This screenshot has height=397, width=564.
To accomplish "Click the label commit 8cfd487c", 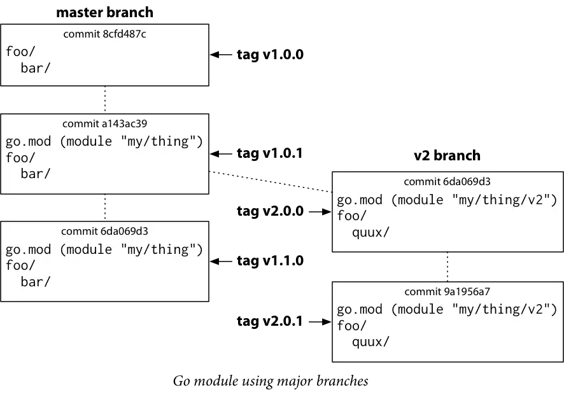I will (104, 34).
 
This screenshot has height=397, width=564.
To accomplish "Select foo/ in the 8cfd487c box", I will (20, 52).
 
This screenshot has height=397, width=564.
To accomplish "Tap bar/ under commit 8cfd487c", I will (35, 67).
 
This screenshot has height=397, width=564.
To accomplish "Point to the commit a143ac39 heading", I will (104, 123).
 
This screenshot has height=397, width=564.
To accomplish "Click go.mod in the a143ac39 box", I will (28, 141).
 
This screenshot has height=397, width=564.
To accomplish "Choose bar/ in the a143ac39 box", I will (35, 173).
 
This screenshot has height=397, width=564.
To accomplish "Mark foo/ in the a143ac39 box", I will (20, 157).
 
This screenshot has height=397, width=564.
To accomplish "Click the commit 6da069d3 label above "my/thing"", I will (104, 231).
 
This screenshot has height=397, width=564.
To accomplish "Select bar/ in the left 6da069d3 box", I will (35, 281).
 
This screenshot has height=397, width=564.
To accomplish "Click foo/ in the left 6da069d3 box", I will (20, 265).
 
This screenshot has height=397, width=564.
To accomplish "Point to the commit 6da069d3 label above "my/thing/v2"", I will (447, 182).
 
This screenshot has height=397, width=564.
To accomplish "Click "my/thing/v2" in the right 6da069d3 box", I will (504, 200).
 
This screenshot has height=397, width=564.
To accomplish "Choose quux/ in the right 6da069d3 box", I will (370, 232).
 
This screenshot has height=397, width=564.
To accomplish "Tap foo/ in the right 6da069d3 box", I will (351, 216).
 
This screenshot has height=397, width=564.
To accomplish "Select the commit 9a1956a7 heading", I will (447, 291).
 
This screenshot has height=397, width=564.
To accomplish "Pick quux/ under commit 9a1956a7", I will (370, 342).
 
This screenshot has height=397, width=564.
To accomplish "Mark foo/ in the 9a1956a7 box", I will (351, 326).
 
